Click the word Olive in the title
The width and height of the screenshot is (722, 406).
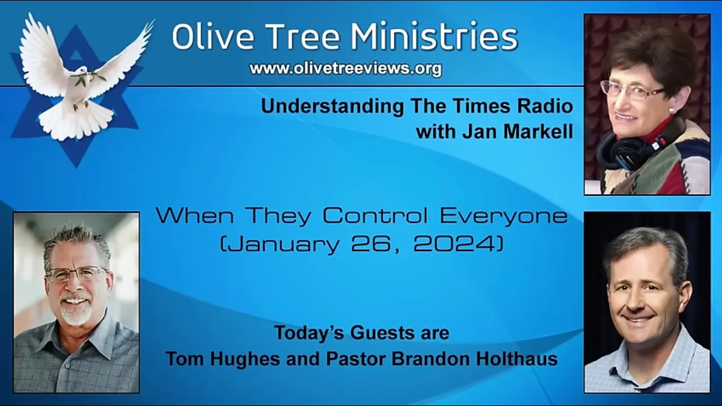click(x=206, y=37)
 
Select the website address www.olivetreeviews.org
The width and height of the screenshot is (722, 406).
click(x=345, y=69)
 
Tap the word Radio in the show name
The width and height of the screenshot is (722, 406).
click(x=545, y=107)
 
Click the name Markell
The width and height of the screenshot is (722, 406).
click(x=535, y=131)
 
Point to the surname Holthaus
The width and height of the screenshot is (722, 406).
click(x=517, y=359)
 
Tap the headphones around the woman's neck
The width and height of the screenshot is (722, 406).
click(x=632, y=148)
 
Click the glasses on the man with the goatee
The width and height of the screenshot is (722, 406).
click(x=76, y=274)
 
